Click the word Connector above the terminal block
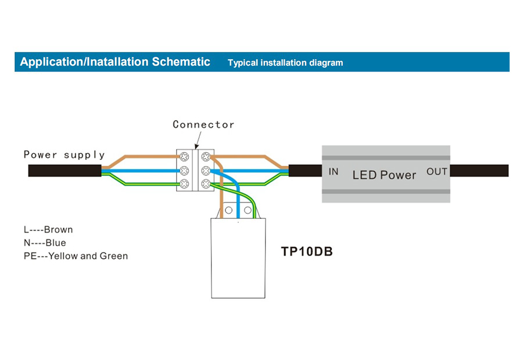coord(203,124)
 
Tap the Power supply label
coord(64,154)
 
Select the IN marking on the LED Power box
coord(334,171)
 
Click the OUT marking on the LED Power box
coord(437,171)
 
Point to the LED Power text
coord(384,174)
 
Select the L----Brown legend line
coord(48,229)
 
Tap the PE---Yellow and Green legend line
coord(76,255)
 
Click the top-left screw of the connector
coord(185,157)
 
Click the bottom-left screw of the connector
coord(185,184)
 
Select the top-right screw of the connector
coord(206,157)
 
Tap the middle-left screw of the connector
coord(185,171)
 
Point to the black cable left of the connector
coord(64,171)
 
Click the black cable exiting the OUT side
coord(479,171)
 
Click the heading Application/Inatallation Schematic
coord(115,62)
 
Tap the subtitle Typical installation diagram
coord(285,63)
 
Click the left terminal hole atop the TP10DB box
coord(230,210)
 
